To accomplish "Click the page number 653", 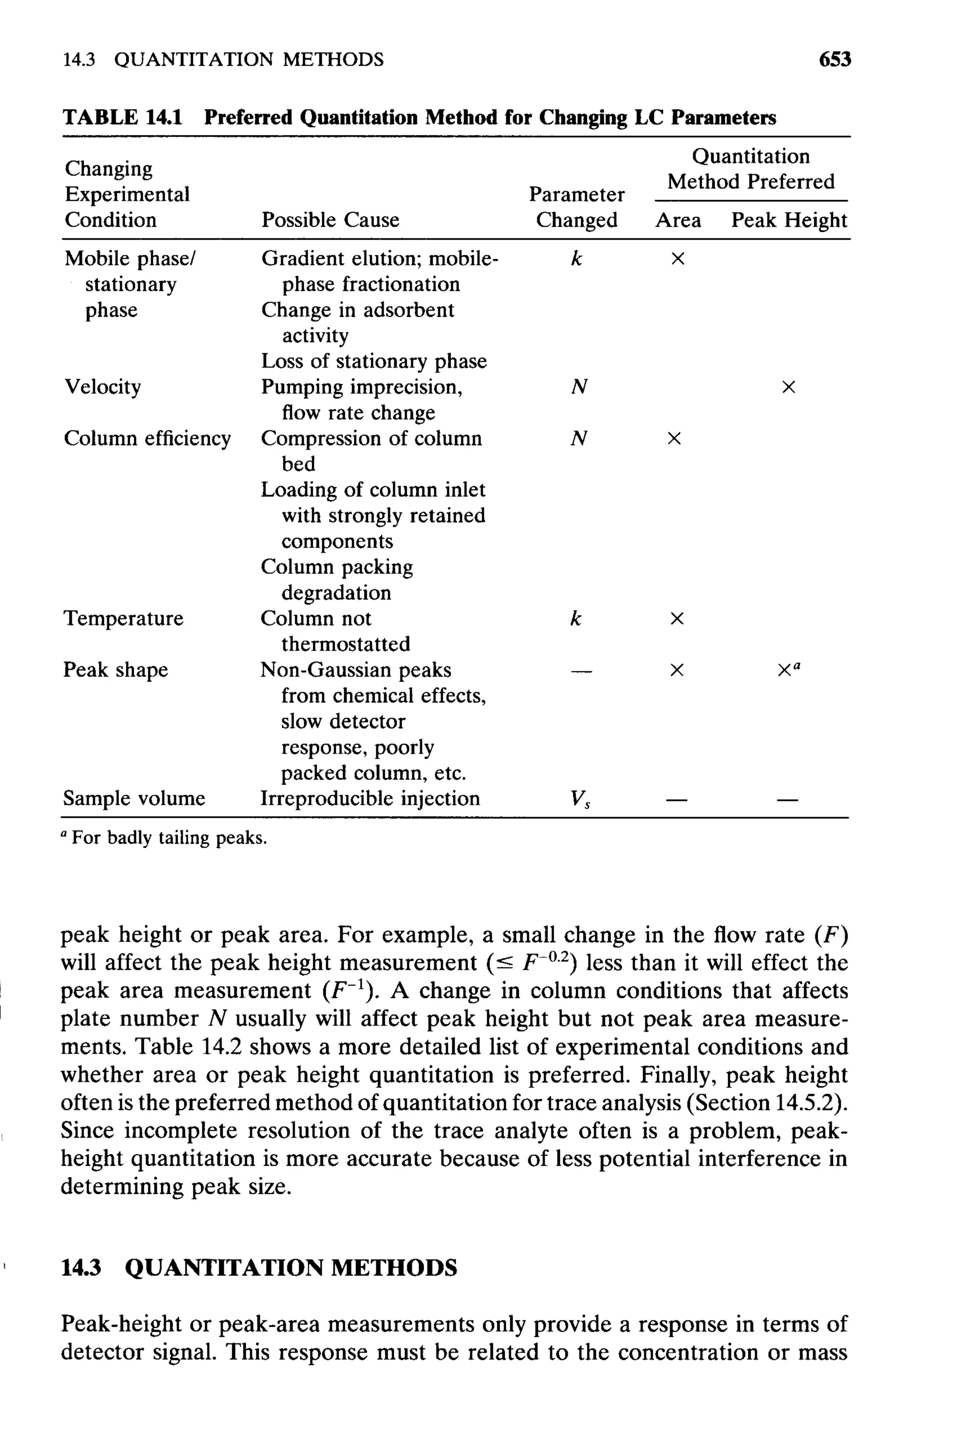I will click(x=834, y=59).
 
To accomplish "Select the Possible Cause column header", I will click(x=330, y=220).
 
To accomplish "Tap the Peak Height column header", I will click(x=789, y=220).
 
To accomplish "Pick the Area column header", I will click(x=678, y=220).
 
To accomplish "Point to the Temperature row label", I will click(x=124, y=618).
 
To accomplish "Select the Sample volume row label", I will click(x=134, y=798).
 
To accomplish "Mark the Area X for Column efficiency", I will click(x=674, y=438).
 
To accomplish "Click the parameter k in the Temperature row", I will click(x=575, y=618).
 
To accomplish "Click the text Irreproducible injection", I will click(x=370, y=798).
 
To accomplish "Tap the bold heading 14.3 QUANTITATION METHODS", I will click(x=259, y=1267).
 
